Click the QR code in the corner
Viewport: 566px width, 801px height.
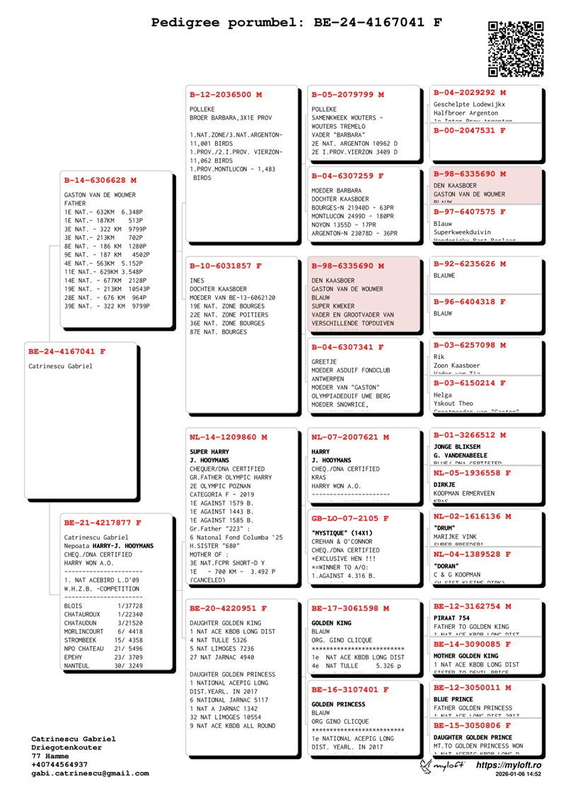(516, 48)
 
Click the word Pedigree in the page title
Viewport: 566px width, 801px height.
(185, 23)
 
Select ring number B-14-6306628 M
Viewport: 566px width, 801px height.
(100, 181)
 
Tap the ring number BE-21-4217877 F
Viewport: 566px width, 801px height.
(103, 523)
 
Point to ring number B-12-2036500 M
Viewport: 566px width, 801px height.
(226, 94)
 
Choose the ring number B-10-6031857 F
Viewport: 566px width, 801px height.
(226, 266)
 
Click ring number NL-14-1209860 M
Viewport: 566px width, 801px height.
(229, 437)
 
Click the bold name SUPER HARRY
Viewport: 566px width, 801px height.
(210, 451)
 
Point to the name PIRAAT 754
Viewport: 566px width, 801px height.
(452, 618)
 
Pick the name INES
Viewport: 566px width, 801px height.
(197, 280)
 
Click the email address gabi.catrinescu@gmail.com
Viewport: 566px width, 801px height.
(90, 773)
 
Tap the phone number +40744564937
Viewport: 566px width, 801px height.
(59, 765)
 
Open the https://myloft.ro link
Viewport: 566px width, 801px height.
(509, 765)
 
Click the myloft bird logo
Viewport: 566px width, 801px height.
(424, 766)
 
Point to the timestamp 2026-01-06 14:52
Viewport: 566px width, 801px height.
(519, 776)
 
